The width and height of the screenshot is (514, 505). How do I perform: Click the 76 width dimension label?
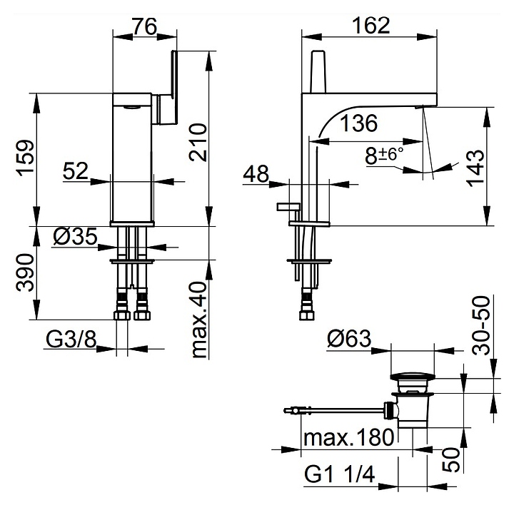145,26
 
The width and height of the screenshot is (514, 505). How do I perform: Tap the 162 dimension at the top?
371,25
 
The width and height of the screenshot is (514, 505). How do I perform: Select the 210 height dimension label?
198,142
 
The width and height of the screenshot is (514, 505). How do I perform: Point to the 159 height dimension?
26,159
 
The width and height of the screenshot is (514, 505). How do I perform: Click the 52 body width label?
76,171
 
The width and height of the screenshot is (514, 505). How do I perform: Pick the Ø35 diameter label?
75,236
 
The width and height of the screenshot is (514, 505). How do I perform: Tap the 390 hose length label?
26,272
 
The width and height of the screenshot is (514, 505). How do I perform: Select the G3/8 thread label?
71,340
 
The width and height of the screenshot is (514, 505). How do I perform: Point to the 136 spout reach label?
358,123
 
